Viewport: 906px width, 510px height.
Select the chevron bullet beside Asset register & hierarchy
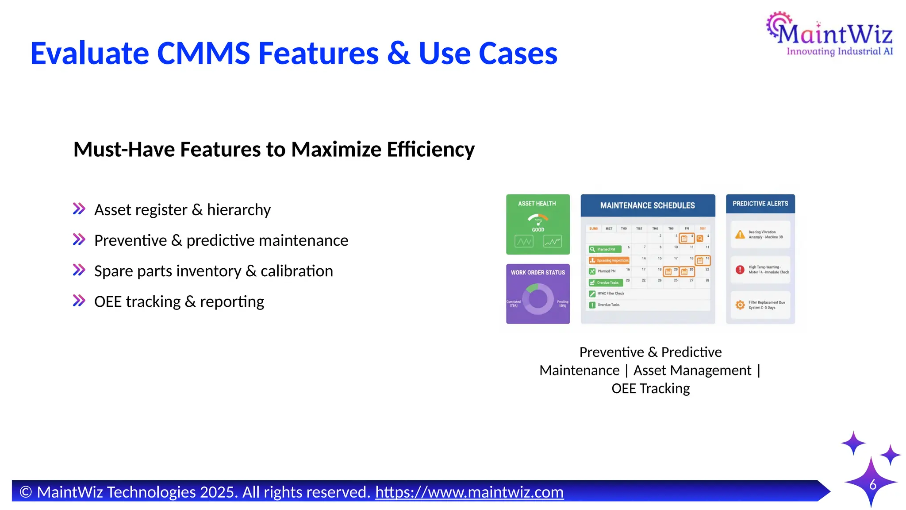[79, 209]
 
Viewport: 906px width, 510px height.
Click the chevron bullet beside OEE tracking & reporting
[79, 301]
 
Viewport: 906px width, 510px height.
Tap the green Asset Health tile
[537, 224]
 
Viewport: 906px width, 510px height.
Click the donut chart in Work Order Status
[538, 299]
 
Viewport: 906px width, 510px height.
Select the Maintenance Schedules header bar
[647, 205]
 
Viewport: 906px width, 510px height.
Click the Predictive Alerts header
[760, 204]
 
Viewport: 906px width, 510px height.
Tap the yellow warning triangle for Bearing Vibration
[740, 235]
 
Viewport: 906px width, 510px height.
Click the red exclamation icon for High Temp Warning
[740, 270]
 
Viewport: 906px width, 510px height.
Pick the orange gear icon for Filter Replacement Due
[740, 305]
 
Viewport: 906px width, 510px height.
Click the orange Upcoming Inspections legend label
[609, 260]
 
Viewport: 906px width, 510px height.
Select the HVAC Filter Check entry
[610, 294]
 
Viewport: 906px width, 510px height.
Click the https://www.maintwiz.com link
[469, 492]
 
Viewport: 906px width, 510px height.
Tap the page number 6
[873, 485]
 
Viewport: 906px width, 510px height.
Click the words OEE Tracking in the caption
[650, 388]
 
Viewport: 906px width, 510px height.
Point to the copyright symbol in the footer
[26, 492]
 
